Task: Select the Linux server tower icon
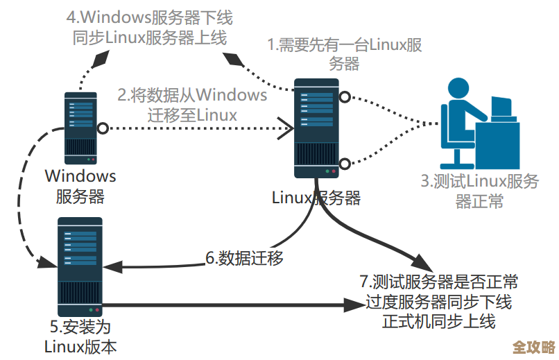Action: coord(316,129)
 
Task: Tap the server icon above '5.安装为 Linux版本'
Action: coord(79,266)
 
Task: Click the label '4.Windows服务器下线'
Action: coord(148,15)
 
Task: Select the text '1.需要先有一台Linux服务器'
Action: coord(345,54)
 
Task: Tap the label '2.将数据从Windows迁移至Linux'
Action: coord(192,104)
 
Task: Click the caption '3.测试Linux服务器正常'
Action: coord(480,191)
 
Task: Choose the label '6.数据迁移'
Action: coord(244,258)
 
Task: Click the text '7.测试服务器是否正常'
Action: coord(438,283)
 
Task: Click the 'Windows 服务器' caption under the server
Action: coord(80,186)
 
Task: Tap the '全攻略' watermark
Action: coord(533,347)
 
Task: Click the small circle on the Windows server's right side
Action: coord(103,128)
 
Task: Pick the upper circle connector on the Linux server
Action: coord(344,97)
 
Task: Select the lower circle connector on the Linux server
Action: coord(344,164)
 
